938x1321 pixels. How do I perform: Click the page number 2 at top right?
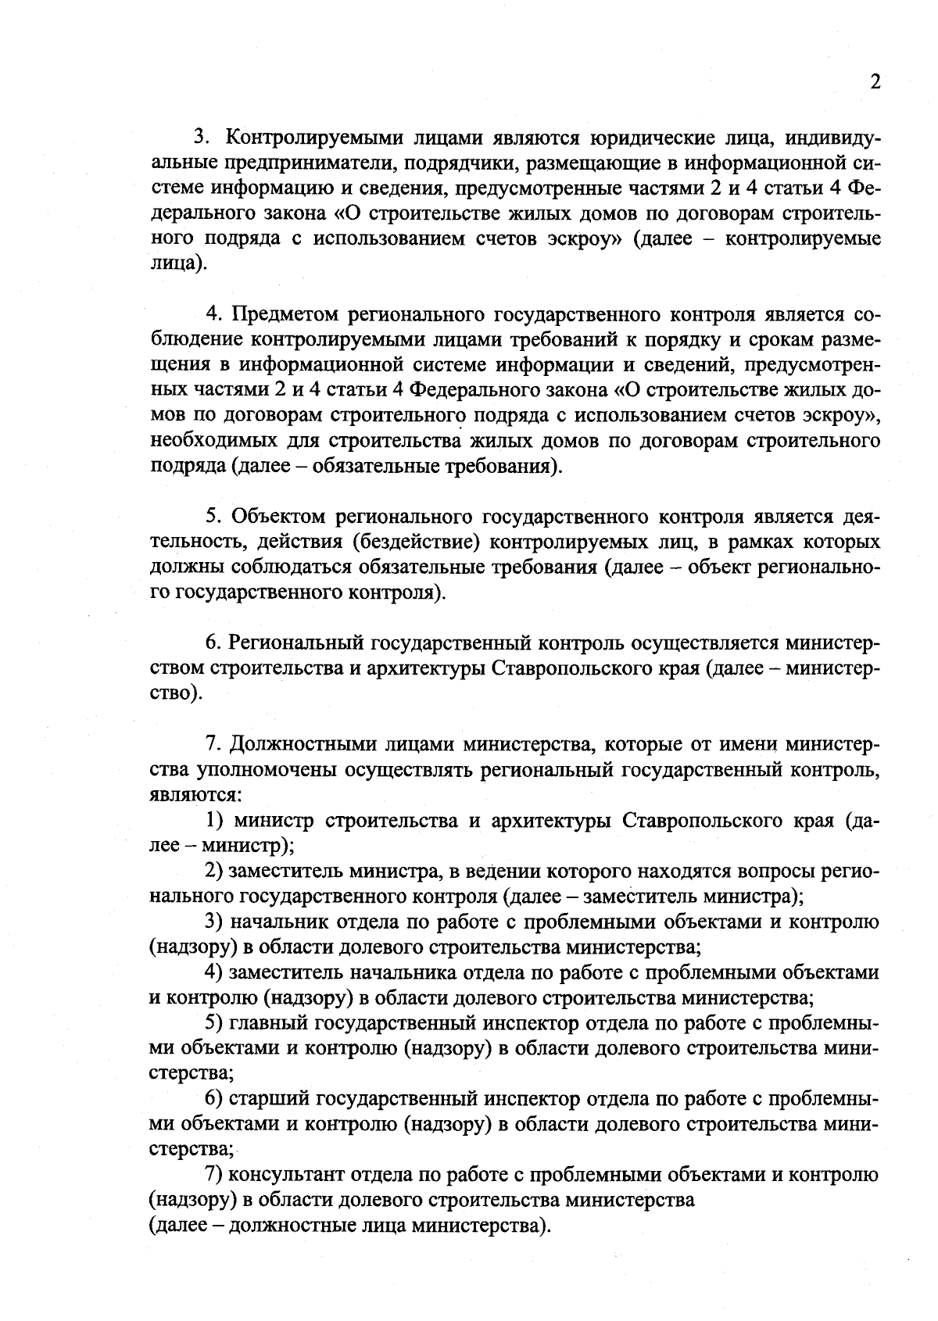point(875,83)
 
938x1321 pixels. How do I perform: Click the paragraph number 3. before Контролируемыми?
point(202,138)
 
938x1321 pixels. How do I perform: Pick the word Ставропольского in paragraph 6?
point(571,668)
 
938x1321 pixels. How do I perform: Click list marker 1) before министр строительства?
point(215,821)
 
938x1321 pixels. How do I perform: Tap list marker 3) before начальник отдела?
point(215,922)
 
